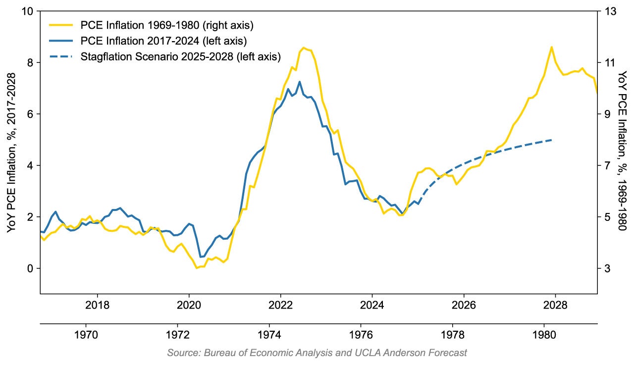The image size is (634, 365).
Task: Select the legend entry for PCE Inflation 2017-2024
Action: click(x=164, y=41)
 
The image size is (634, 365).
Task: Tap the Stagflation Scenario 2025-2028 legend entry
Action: click(x=180, y=57)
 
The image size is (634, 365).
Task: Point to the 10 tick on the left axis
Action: click(x=29, y=11)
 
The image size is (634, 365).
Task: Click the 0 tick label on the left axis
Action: click(x=31, y=268)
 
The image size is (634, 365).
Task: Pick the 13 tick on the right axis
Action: click(x=608, y=11)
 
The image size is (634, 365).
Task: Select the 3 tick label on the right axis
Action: click(x=605, y=268)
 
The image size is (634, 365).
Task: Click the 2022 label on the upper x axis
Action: click(x=280, y=304)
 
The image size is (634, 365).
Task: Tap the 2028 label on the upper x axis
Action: click(x=555, y=304)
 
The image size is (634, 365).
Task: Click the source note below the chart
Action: click(x=317, y=353)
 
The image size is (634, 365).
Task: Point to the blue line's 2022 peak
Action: click(x=300, y=82)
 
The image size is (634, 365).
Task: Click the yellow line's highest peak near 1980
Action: click(x=551, y=47)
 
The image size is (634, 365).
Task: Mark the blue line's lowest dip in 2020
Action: click(x=201, y=257)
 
